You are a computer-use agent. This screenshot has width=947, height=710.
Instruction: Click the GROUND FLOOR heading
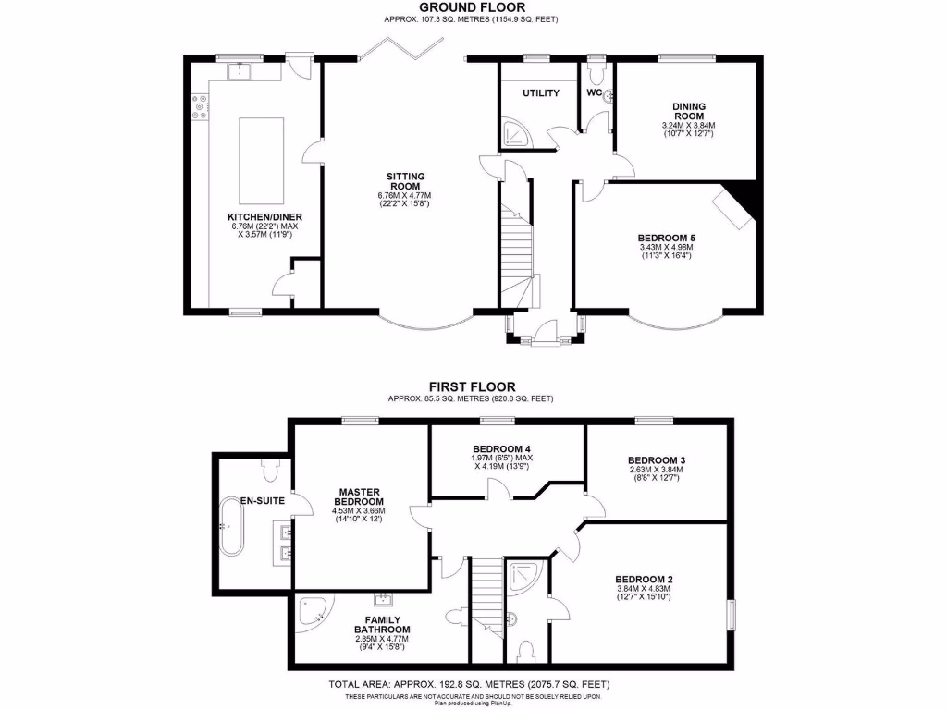472,7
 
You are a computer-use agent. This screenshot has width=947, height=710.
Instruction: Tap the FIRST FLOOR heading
472,386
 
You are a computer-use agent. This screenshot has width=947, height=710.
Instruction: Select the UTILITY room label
541,93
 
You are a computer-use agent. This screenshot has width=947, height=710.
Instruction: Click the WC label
594,92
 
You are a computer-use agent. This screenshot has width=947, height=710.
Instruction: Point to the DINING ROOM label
688,112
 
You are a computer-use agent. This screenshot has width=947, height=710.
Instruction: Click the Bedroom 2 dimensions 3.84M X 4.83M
643,589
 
